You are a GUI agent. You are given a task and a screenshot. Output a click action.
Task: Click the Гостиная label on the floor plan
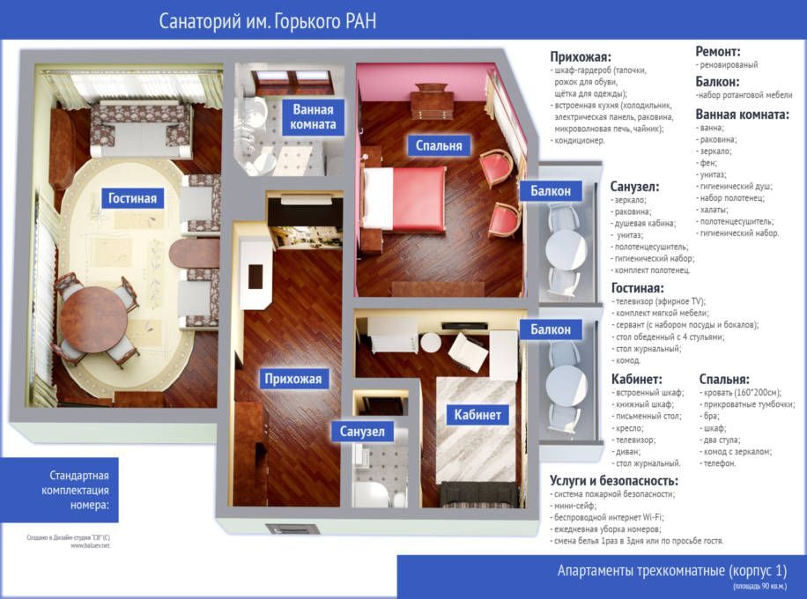[x=132, y=198]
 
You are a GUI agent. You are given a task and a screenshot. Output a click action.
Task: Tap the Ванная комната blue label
[x=313, y=117]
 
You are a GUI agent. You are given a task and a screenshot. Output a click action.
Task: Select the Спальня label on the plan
[x=439, y=145]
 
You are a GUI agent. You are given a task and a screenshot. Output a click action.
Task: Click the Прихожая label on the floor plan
[x=292, y=380]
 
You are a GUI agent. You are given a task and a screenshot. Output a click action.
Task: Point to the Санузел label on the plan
[x=362, y=432]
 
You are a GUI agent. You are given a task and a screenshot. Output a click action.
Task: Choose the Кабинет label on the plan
[x=478, y=415]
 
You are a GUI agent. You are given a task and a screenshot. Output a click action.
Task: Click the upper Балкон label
[x=551, y=191]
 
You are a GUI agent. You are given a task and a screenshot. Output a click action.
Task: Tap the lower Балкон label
[x=551, y=329]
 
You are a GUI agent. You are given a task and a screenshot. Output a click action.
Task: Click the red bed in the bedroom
[x=404, y=198]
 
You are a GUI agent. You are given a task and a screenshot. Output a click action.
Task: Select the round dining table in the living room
[x=93, y=319]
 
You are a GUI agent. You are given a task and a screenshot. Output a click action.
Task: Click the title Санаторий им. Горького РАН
[x=267, y=21]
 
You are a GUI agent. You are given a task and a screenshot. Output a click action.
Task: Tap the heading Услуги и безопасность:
[x=614, y=481]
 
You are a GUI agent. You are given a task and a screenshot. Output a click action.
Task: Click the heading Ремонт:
[x=718, y=51]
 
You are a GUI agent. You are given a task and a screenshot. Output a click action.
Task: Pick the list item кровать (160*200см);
[x=740, y=393]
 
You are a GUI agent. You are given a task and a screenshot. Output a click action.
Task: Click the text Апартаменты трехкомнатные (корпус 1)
[x=672, y=571]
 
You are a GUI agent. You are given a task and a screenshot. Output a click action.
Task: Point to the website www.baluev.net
[x=90, y=545]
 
